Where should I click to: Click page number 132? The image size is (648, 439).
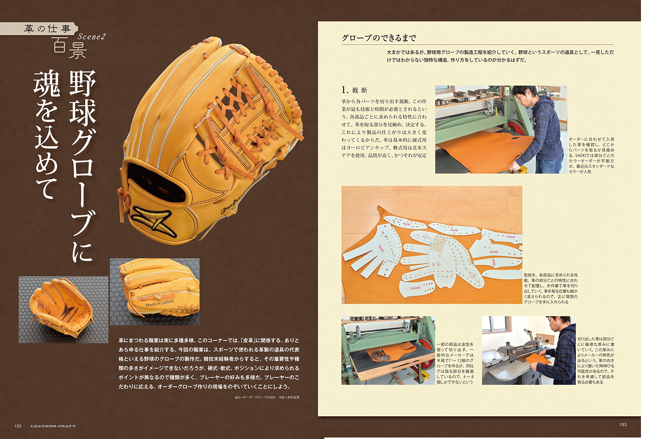(x=18, y=426)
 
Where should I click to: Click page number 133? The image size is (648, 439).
(x=623, y=425)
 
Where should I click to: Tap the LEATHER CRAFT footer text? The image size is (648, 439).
(x=53, y=426)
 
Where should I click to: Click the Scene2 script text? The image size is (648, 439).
(x=91, y=37)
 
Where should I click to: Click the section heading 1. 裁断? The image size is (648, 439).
(x=354, y=90)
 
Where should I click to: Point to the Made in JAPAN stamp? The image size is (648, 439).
(x=159, y=303)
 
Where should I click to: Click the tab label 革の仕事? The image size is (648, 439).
(x=47, y=29)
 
